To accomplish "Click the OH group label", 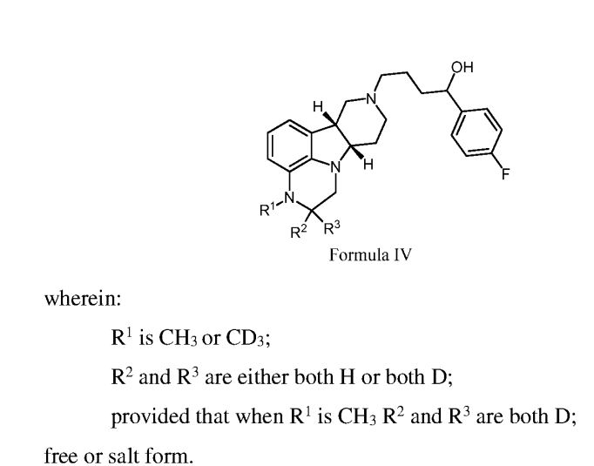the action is (x=462, y=67).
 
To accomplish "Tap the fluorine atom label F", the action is (x=506, y=174).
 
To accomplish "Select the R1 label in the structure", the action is (x=268, y=209).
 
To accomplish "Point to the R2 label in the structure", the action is (x=299, y=232).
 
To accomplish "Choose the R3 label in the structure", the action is (x=332, y=227).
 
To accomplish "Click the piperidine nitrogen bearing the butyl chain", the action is (x=372, y=99).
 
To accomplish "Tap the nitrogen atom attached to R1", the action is (x=290, y=198).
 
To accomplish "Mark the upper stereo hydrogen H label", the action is (x=318, y=106).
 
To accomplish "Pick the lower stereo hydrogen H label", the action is (x=368, y=165).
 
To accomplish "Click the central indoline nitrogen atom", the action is (x=335, y=167).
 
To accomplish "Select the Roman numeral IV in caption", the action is (x=402, y=254).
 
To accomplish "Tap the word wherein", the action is (x=83, y=299).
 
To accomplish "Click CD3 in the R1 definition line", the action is (x=246, y=337).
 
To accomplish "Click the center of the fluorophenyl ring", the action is (x=477, y=132).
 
